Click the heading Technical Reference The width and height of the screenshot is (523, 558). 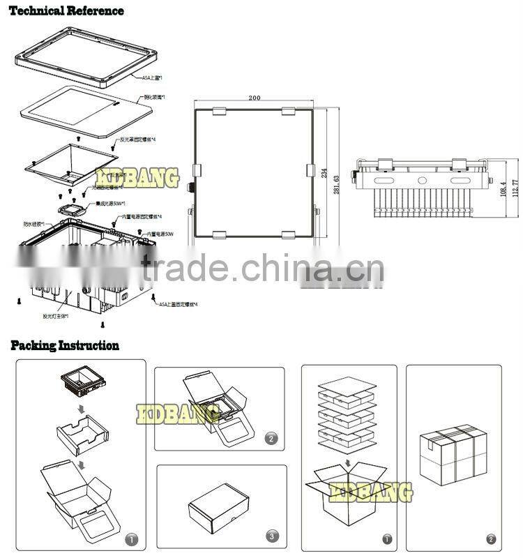tap(66, 11)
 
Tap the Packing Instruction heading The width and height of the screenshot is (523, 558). tap(64, 345)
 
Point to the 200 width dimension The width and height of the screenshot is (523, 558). tap(254, 98)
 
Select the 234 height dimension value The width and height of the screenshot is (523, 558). tap(324, 174)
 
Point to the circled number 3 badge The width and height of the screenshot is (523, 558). tap(273, 536)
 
